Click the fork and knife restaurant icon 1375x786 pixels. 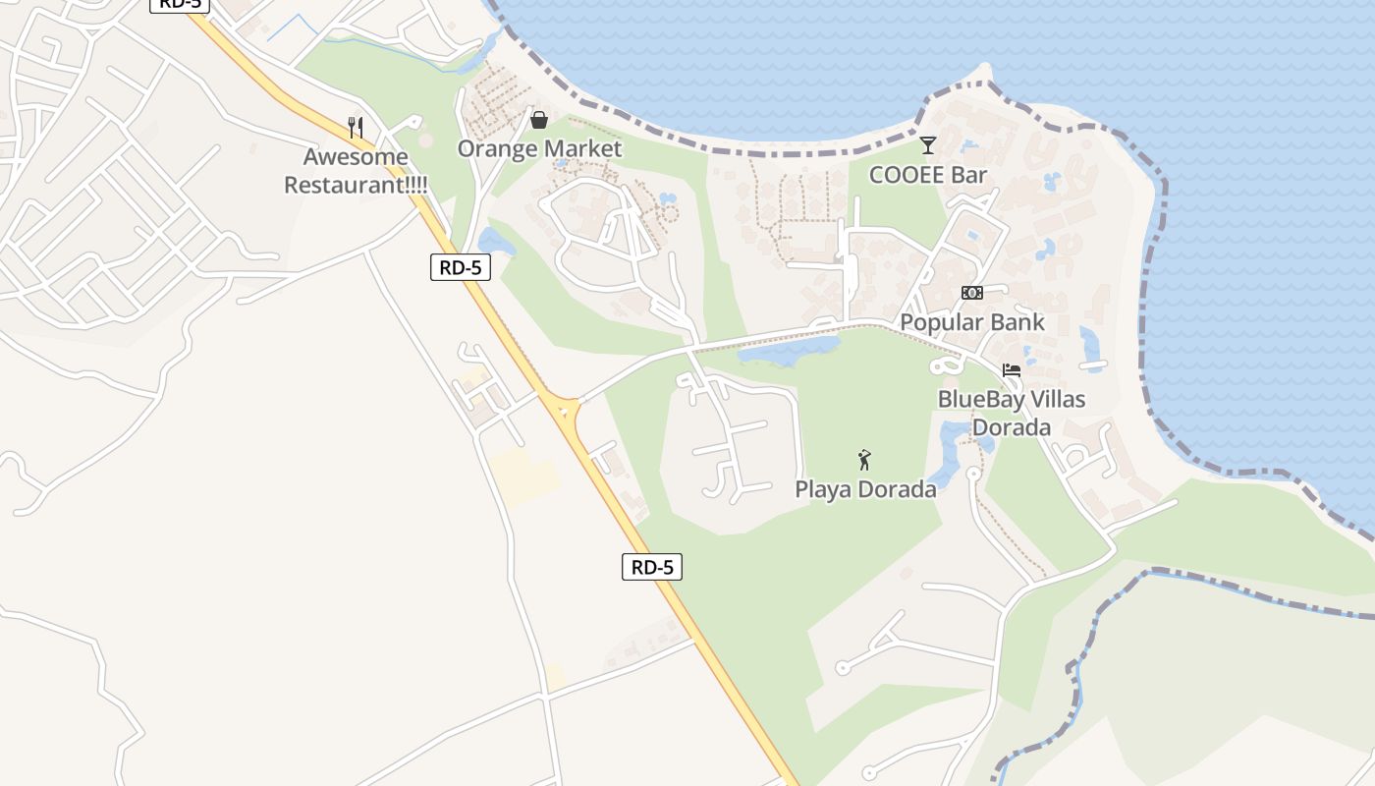click(x=356, y=127)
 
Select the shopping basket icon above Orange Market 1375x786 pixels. click(x=539, y=120)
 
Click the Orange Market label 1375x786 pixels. click(x=539, y=148)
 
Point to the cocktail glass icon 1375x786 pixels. click(x=927, y=146)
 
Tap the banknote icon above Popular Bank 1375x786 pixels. click(x=972, y=293)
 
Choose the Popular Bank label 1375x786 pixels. click(x=972, y=322)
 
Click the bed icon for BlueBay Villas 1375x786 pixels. click(x=1012, y=370)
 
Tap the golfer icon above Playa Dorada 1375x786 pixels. click(x=864, y=460)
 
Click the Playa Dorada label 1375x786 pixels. click(x=865, y=488)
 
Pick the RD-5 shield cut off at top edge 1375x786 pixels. click(x=180, y=4)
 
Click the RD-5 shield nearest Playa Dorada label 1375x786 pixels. click(x=651, y=566)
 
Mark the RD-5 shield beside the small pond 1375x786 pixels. click(x=460, y=266)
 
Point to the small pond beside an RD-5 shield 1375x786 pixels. click(x=496, y=242)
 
